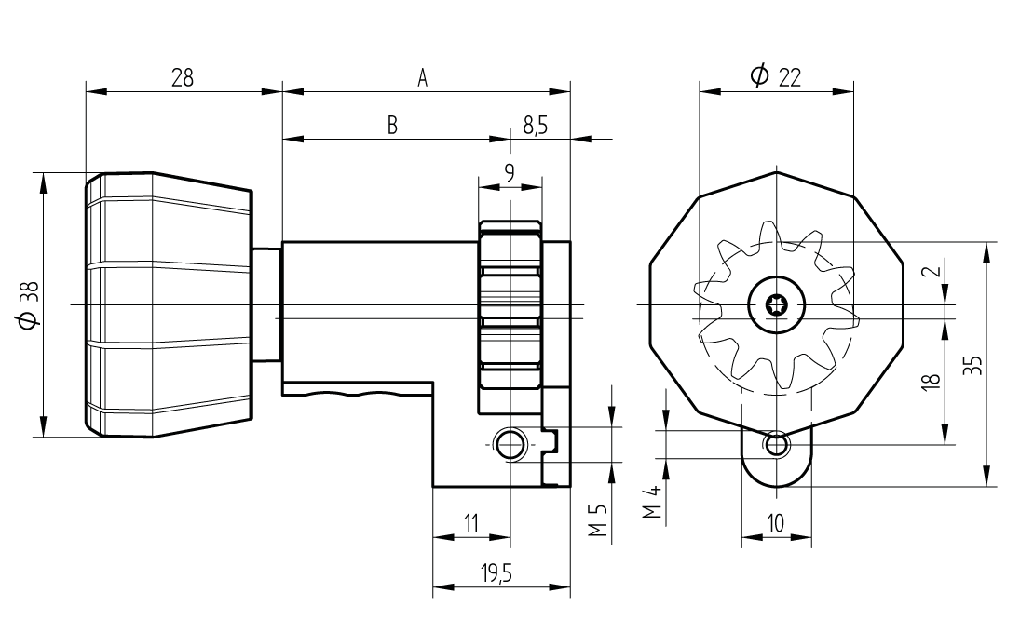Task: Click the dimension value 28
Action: (183, 77)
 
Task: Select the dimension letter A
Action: (422, 79)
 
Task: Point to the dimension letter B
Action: (393, 127)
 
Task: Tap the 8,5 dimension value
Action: (536, 127)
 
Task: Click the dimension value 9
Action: (509, 172)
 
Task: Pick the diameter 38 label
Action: (27, 305)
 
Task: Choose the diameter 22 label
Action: (776, 77)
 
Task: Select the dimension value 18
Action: (933, 379)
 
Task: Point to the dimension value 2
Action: (934, 274)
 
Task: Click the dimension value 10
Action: (775, 523)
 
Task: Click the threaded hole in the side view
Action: (510, 445)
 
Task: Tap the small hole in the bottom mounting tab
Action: (776, 446)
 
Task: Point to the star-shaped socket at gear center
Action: (775, 304)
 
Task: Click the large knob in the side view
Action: (169, 304)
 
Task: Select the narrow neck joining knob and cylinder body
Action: (266, 304)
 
